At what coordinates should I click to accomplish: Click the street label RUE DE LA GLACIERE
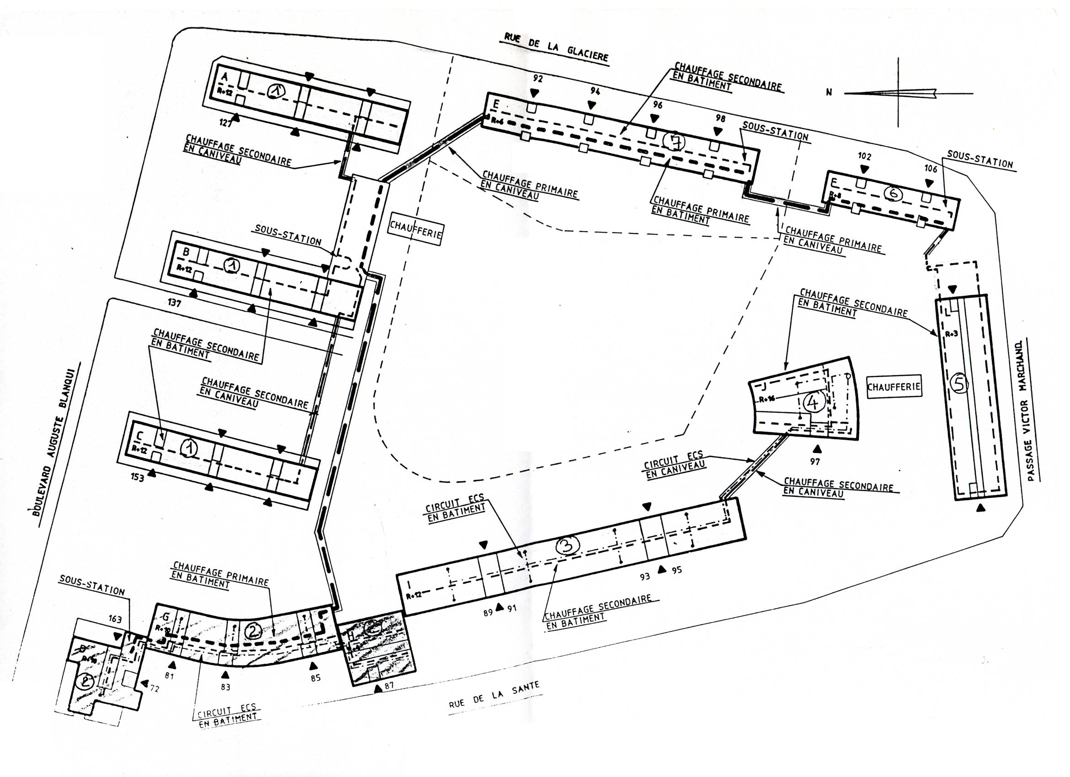coord(556,47)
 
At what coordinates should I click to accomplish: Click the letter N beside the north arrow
coord(829,92)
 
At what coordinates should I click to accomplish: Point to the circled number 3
coord(567,546)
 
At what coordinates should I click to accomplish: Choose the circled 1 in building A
coord(276,91)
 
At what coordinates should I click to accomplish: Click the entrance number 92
coord(537,79)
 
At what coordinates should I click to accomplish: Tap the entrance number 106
coord(931,168)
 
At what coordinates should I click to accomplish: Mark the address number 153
coord(137,478)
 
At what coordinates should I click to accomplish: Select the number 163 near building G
coord(115,618)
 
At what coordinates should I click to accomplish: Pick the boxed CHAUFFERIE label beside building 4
coord(893,387)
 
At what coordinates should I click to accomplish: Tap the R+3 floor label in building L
coord(952,334)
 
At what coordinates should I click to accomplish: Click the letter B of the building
coord(186,252)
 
